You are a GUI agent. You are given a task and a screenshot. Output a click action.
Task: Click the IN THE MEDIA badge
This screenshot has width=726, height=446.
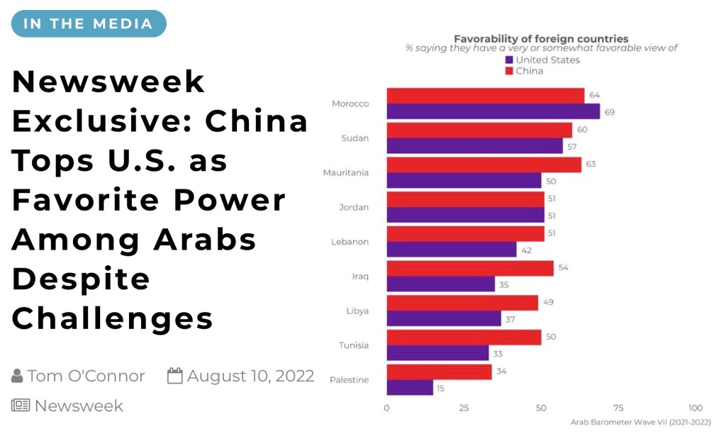(89, 23)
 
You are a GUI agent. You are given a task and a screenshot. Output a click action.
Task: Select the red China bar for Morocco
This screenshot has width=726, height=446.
(485, 96)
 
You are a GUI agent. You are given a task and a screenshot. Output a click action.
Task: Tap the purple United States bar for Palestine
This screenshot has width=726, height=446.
(410, 387)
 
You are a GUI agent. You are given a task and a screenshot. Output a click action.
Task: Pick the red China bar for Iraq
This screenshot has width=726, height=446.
(469, 268)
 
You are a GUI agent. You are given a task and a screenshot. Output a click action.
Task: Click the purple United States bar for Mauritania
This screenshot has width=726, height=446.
(464, 181)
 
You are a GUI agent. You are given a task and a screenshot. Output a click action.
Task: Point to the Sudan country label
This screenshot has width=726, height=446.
(354, 138)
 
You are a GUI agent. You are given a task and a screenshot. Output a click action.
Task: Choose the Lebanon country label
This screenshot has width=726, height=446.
(350, 242)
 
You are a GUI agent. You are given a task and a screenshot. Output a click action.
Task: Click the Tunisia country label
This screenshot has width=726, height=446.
(353, 345)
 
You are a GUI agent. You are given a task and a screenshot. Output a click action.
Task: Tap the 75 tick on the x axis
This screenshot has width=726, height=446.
(618, 408)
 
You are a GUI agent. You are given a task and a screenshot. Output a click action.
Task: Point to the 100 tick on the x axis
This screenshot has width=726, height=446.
(696, 408)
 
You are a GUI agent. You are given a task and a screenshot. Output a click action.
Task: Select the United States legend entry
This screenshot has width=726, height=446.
(542, 60)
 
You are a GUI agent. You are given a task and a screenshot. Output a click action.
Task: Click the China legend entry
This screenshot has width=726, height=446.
(524, 71)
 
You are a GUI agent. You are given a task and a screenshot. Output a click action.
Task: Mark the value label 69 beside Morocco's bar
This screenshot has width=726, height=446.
(609, 112)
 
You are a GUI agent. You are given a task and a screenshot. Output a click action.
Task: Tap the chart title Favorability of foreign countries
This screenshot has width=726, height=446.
(541, 38)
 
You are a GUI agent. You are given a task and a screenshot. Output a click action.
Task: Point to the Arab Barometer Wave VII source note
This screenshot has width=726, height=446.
(640, 422)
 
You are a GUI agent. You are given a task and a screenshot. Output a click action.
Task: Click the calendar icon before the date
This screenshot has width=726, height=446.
(175, 376)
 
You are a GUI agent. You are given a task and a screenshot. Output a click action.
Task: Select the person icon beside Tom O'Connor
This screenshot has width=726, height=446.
(18, 376)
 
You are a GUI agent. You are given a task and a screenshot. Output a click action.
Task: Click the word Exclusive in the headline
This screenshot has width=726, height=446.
(100, 122)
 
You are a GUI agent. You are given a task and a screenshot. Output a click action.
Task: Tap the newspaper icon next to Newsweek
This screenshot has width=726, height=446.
(20, 406)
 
